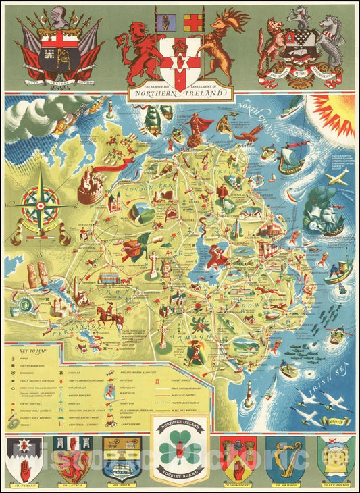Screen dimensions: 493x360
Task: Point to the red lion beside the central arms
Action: (138, 50)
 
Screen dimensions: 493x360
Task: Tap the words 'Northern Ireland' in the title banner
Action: (179, 95)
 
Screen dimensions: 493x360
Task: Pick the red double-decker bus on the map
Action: (109, 278)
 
